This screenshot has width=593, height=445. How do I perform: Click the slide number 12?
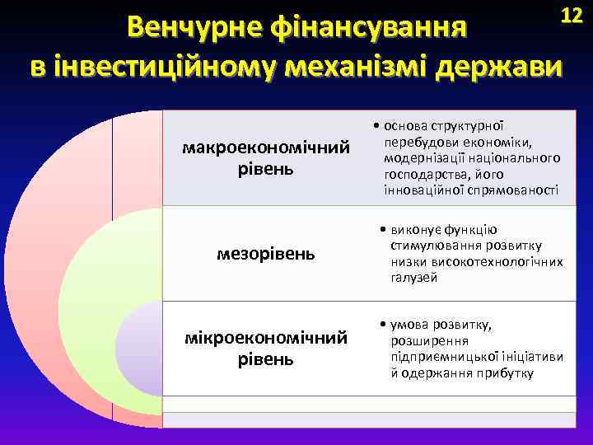coord(571,15)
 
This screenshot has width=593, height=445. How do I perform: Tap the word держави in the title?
coord(501,65)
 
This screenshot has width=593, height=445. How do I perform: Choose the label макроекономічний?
coord(266,148)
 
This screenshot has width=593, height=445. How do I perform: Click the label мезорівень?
coord(265,253)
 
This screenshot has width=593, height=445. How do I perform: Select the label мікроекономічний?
coord(266,338)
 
